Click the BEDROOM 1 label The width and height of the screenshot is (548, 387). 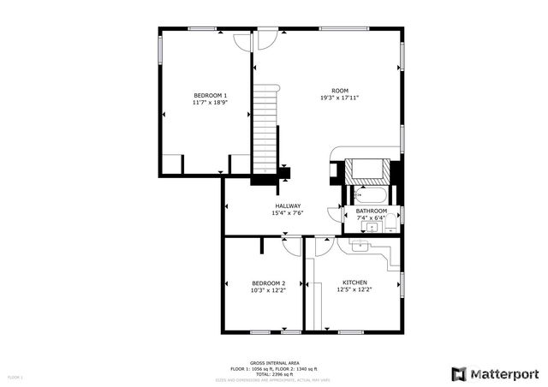[210, 94]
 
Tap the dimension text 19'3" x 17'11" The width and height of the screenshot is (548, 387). [339, 98]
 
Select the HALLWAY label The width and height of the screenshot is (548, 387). [288, 205]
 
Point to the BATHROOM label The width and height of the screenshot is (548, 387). [371, 211]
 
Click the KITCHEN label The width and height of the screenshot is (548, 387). [354, 283]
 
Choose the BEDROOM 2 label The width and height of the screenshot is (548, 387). [268, 283]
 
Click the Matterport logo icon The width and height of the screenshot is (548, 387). [459, 374]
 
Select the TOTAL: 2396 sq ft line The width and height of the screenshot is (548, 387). [273, 374]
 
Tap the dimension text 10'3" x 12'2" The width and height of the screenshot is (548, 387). [268, 290]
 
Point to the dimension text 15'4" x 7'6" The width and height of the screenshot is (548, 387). [288, 213]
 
